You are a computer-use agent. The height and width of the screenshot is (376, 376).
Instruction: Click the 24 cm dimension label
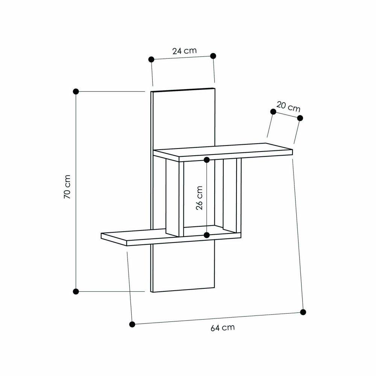coord(184,51)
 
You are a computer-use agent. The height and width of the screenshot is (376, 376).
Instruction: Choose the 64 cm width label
coord(223,327)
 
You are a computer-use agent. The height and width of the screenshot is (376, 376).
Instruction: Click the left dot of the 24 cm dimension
coord(151,59)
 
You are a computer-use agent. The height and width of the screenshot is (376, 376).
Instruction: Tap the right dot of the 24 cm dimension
coord(213,56)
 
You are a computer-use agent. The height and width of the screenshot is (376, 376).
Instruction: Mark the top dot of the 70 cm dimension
coord(76,91)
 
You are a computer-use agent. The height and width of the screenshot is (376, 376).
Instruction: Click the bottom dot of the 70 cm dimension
coord(76,291)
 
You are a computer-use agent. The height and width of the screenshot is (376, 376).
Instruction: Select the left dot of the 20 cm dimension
coord(273,111)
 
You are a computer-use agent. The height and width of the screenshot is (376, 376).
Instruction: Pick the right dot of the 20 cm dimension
coord(300,118)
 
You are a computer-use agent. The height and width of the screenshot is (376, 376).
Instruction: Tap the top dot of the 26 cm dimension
coord(206,160)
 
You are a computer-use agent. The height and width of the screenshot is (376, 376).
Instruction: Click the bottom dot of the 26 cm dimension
coord(206,235)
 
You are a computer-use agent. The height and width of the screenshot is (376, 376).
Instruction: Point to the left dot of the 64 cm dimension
coord(132,324)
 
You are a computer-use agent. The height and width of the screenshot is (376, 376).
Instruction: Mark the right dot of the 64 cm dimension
coord(303,312)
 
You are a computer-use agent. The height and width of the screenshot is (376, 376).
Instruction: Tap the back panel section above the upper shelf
coord(184,117)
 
